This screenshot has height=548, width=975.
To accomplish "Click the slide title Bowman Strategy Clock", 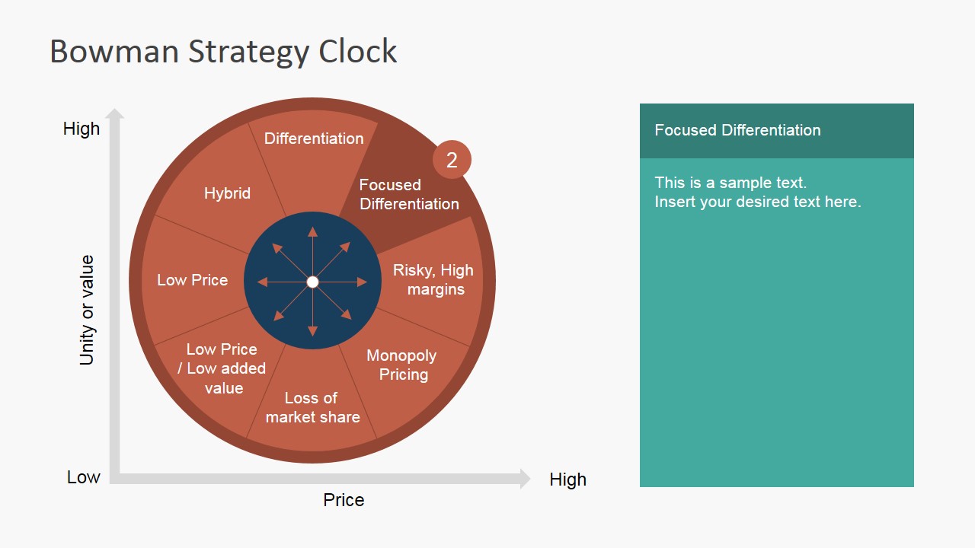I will click(223, 52).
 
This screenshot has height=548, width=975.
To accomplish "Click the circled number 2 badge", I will click(452, 160).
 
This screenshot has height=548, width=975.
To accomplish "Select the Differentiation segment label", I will click(314, 139).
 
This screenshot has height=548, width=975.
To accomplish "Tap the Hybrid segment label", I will click(227, 193).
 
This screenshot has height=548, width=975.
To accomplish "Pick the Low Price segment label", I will click(192, 280).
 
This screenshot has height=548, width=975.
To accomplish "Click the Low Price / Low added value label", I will click(222, 368).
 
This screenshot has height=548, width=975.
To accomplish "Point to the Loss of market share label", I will click(312, 407).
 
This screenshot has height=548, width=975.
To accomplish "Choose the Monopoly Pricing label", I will click(401, 365).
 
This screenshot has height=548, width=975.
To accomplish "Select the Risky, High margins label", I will click(433, 279).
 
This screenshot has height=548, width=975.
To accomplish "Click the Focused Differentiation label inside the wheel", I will click(409, 194).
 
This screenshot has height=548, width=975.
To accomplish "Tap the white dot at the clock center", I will click(312, 282).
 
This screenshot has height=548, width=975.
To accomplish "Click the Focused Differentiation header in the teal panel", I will click(737, 130).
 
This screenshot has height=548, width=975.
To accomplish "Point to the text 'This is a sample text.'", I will click(730, 183).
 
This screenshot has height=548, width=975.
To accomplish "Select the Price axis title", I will click(344, 500).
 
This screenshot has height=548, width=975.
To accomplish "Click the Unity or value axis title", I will click(88, 310).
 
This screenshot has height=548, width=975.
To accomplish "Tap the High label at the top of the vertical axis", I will click(82, 129).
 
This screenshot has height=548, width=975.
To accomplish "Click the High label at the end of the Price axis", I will click(567, 479).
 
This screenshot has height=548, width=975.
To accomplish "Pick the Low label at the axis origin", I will click(84, 477).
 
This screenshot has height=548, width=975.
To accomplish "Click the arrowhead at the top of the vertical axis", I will click(115, 113).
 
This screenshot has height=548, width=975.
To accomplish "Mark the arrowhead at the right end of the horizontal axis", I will click(525, 479).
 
